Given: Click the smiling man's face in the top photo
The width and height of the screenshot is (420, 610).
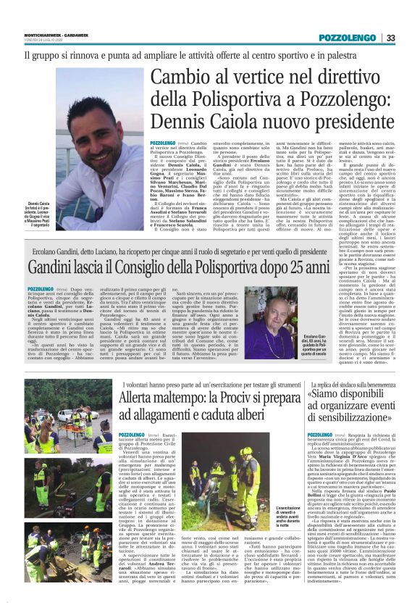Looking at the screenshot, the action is click(101, 138).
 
